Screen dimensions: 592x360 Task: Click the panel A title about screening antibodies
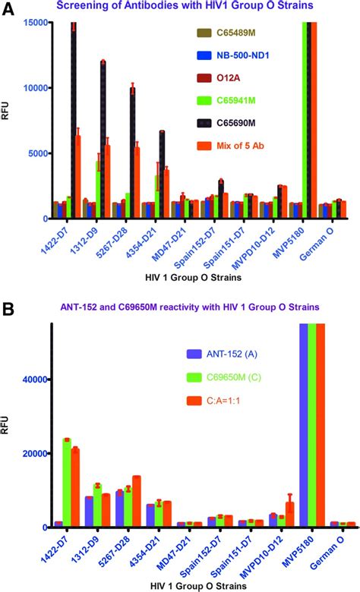[x=190, y=7]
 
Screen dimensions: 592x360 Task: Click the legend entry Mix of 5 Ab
[x=232, y=143]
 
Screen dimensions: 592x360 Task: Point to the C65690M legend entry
[x=230, y=121]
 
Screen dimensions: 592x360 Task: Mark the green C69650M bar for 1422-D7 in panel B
[x=67, y=483]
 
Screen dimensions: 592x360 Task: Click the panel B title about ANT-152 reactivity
[x=190, y=307]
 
